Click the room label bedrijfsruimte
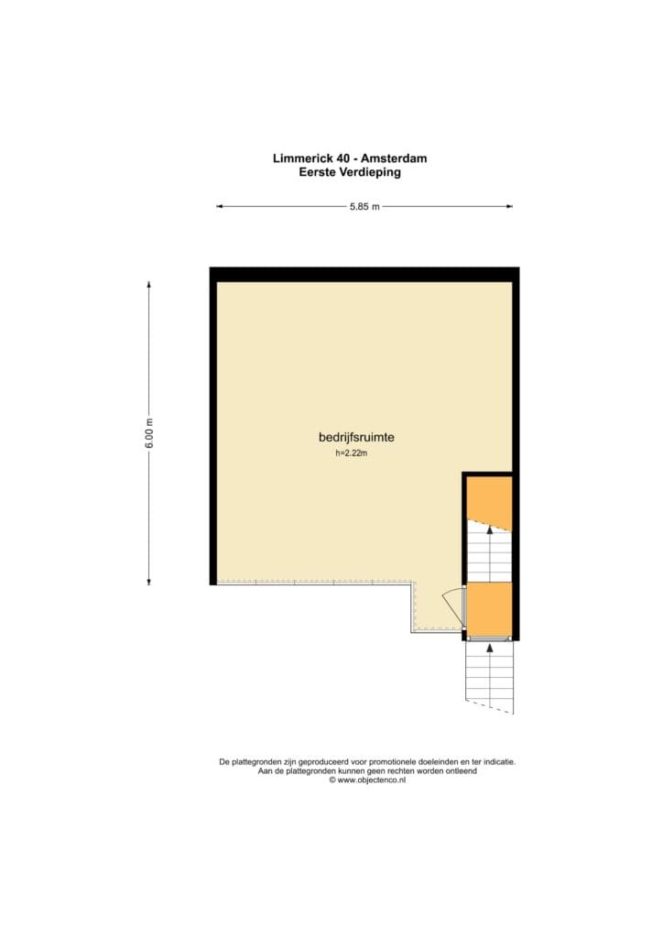356,437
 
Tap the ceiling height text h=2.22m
352,453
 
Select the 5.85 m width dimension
364,207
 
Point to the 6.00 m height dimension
149,433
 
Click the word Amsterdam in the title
394,158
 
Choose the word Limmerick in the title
303,158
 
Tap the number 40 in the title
343,158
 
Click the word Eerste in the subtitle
318,172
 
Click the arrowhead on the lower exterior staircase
490,648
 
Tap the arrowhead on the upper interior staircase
490,529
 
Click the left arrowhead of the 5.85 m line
220,207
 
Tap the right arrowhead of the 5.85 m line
510,207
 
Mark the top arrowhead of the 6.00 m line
149,285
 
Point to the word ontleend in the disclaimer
462,771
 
